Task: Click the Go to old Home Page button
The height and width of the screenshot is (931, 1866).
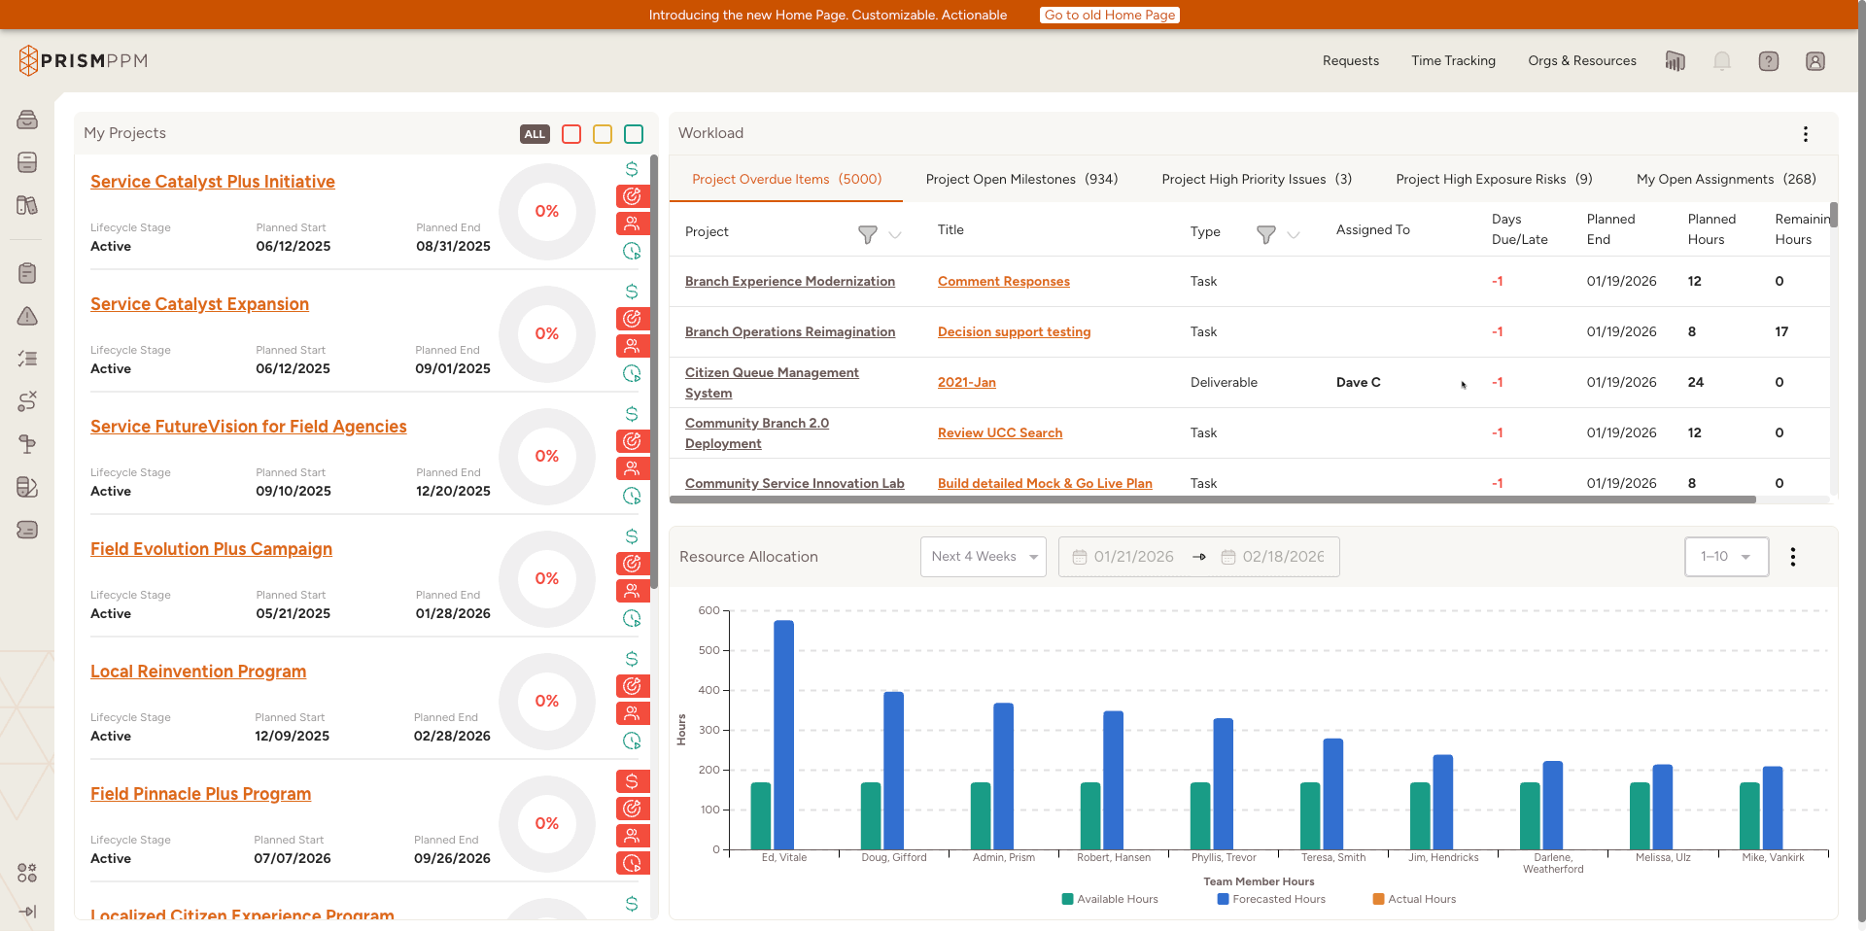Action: click(x=1110, y=15)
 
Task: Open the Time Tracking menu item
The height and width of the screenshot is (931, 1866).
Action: click(x=1453, y=60)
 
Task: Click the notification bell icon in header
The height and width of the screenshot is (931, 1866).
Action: click(x=1721, y=61)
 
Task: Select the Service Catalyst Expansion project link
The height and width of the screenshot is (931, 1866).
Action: click(x=199, y=304)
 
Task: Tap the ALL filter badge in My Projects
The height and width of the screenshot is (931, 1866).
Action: click(x=535, y=134)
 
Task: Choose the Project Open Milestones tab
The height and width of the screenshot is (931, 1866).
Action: click(x=1021, y=179)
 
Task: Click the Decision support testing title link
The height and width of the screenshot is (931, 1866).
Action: click(x=1014, y=331)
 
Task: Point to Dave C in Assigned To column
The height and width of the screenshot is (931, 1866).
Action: click(x=1358, y=382)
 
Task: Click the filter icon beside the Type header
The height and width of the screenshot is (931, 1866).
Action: click(x=1265, y=234)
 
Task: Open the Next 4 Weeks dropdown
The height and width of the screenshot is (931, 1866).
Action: click(x=983, y=557)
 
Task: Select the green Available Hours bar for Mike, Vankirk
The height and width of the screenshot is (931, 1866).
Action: click(x=1749, y=815)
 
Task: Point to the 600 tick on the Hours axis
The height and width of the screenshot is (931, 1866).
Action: click(x=709, y=610)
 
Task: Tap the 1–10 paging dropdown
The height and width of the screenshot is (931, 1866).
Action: click(x=1725, y=557)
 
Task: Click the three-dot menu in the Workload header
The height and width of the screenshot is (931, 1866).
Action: click(x=1805, y=134)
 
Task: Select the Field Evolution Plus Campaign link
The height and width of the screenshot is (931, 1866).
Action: click(x=211, y=549)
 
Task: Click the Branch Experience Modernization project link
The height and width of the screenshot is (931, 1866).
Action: click(x=789, y=281)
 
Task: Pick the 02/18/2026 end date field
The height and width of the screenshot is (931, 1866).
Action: click(x=1282, y=557)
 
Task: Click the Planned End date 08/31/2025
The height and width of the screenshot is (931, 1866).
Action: click(x=453, y=246)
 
